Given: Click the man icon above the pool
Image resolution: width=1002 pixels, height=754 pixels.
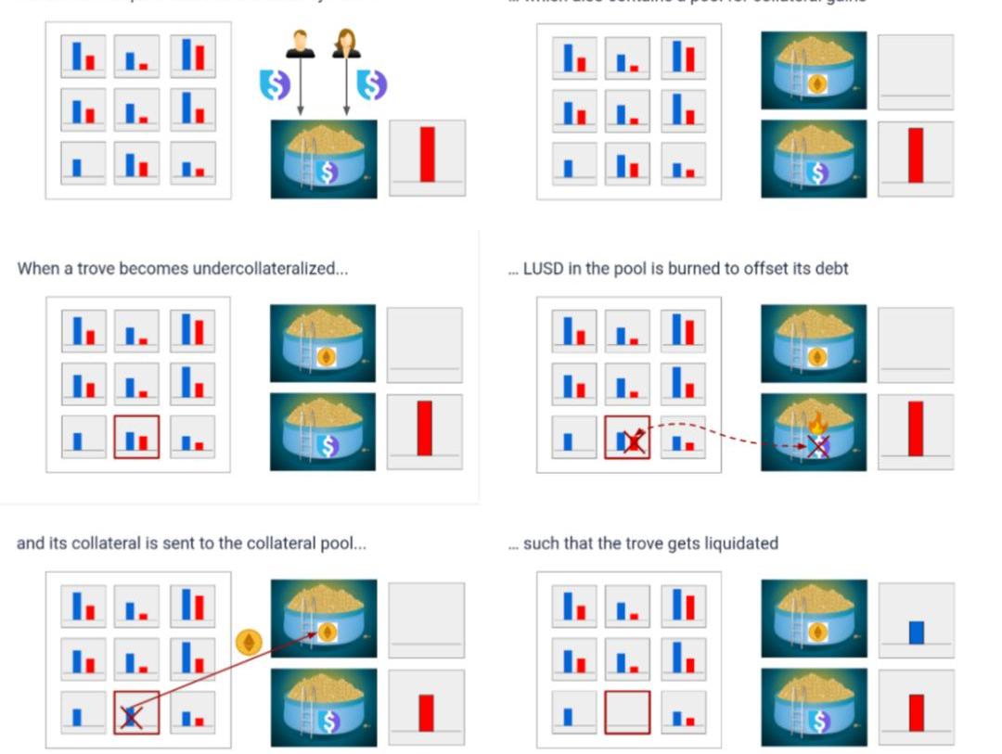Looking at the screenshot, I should [x=300, y=44].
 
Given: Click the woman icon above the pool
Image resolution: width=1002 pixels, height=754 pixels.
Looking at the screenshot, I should [x=346, y=44].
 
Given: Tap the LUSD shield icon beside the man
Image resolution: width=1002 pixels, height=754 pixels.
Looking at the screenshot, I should [x=275, y=84].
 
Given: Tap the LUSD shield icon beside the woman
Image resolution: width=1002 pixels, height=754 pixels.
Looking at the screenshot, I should [x=371, y=84].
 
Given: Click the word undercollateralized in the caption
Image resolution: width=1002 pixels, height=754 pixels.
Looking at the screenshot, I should [x=263, y=269].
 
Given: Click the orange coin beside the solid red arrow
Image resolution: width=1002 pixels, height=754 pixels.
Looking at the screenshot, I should [x=248, y=642].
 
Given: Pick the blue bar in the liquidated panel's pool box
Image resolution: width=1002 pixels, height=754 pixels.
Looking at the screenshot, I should [x=917, y=633].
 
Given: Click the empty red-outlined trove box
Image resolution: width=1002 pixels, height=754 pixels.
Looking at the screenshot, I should [x=627, y=712].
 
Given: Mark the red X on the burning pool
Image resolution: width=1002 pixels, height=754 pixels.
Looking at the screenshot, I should [x=816, y=447].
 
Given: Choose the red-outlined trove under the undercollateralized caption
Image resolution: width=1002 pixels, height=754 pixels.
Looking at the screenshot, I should [x=136, y=437].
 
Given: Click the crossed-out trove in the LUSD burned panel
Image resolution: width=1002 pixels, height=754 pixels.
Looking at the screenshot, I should [x=627, y=438].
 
